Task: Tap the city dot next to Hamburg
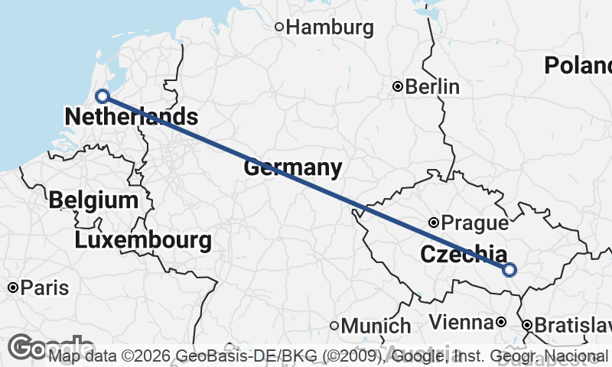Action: pyautogui.click(x=279, y=28)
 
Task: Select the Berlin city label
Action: pyautogui.click(x=432, y=86)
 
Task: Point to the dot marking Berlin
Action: pyautogui.click(x=397, y=86)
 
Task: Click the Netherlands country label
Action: pyautogui.click(x=131, y=117)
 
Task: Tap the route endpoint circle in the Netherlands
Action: pyautogui.click(x=102, y=96)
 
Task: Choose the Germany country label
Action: pyautogui.click(x=292, y=167)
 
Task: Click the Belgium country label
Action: pyautogui.click(x=93, y=201)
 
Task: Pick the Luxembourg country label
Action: pyautogui.click(x=144, y=241)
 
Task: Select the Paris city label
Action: pyautogui.click(x=44, y=288)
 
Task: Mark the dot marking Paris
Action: pyautogui.click(x=13, y=287)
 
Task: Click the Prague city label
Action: pyautogui.click(x=475, y=223)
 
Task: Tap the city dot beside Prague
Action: pyautogui.click(x=434, y=222)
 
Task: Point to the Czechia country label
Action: pyautogui.click(x=463, y=254)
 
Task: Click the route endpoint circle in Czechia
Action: pyautogui.click(x=509, y=269)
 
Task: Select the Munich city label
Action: pyautogui.click(x=376, y=326)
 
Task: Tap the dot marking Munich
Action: pyautogui.click(x=334, y=326)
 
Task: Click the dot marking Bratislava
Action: pyautogui.click(x=527, y=325)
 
